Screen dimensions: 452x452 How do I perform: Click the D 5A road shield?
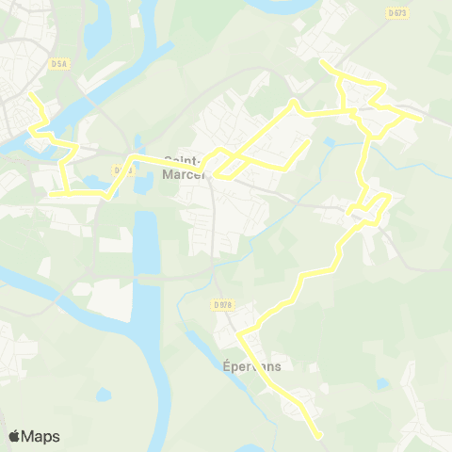61,63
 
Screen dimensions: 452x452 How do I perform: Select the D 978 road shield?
222,304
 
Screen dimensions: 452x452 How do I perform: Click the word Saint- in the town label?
182,161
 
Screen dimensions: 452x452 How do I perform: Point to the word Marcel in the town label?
184,174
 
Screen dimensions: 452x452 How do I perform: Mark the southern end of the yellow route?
320,436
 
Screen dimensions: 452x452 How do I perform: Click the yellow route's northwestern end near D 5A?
31,94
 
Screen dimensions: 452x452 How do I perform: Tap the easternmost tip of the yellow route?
422,120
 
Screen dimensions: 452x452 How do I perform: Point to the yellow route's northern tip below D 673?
322,62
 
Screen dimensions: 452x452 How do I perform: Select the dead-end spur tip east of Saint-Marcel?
308,142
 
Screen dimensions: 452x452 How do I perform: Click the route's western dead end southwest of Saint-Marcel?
50,194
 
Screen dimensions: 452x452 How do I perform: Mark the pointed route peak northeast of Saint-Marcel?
295,101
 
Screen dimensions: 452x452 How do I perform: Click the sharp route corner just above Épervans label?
239,333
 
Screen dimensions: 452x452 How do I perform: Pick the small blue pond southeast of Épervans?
381,384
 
